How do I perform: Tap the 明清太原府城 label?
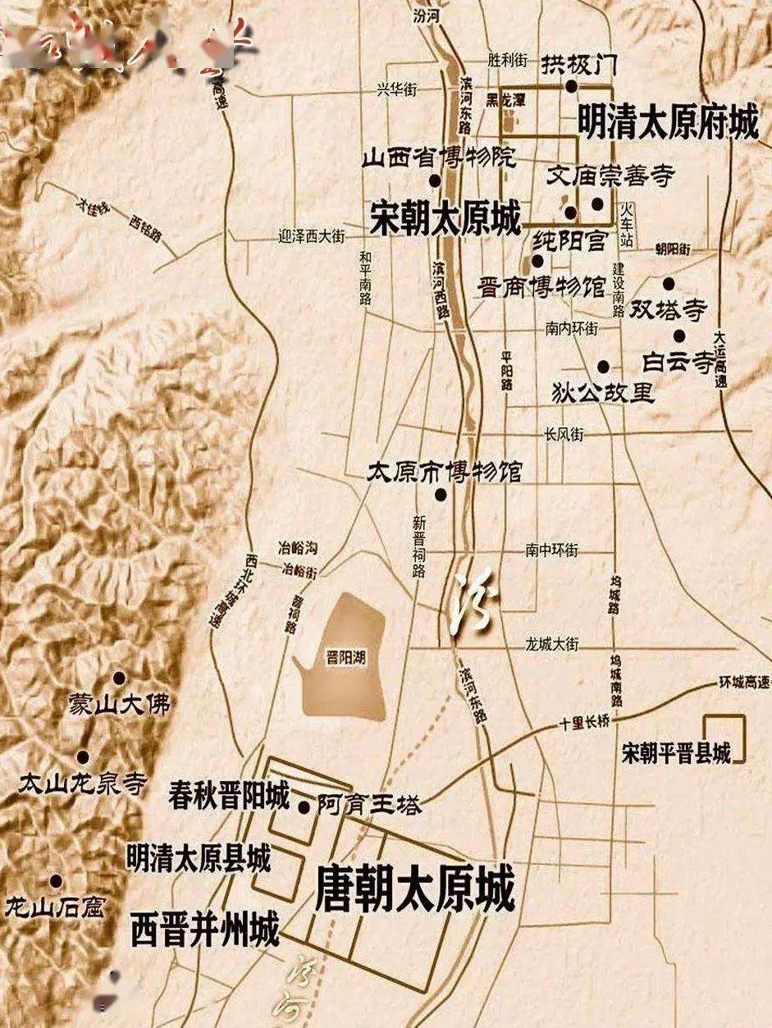(x=668, y=121)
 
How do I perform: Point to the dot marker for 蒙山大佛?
(x=119, y=678)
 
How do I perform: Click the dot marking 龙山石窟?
(x=56, y=881)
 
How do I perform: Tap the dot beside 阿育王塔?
(x=304, y=806)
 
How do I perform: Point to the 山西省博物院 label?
(x=439, y=158)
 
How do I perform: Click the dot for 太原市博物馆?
(x=441, y=494)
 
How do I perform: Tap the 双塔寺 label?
(x=668, y=309)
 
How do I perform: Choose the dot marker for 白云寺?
(x=679, y=335)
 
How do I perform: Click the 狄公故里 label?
(x=605, y=392)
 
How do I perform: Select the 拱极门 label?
(x=578, y=62)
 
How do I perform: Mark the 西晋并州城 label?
(x=204, y=930)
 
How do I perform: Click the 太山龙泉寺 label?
(x=82, y=783)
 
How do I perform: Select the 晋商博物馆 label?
(x=541, y=286)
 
